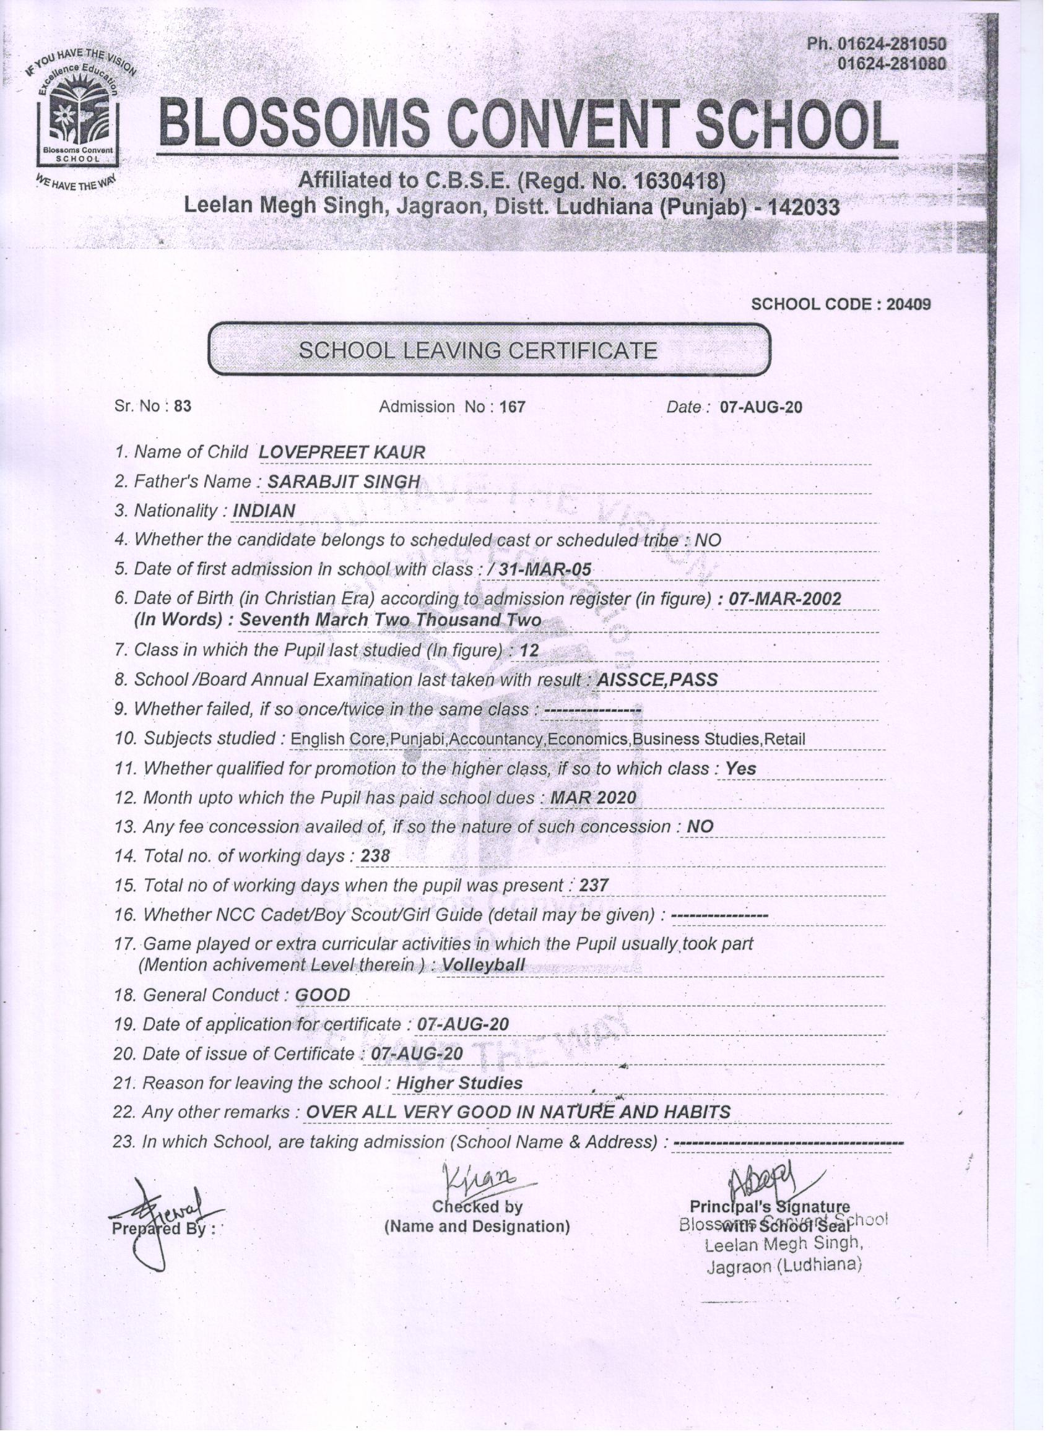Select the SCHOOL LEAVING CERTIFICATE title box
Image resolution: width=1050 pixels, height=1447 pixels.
click(x=490, y=350)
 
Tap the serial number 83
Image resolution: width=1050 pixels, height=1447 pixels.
click(x=183, y=407)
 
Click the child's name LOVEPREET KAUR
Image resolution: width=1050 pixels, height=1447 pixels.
click(x=342, y=452)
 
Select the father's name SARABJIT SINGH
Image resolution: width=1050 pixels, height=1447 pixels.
click(x=344, y=482)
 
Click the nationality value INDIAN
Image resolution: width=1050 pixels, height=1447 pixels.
click(x=264, y=511)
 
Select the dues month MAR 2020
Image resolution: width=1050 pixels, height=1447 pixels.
click(x=593, y=798)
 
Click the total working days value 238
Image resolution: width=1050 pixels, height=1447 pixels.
click(x=375, y=856)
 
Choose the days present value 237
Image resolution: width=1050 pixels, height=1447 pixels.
click(x=594, y=886)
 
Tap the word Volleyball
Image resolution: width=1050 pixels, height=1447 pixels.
click(x=483, y=965)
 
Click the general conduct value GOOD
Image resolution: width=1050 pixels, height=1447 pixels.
click(x=323, y=995)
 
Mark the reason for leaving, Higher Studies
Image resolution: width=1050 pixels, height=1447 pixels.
click(x=459, y=1083)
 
